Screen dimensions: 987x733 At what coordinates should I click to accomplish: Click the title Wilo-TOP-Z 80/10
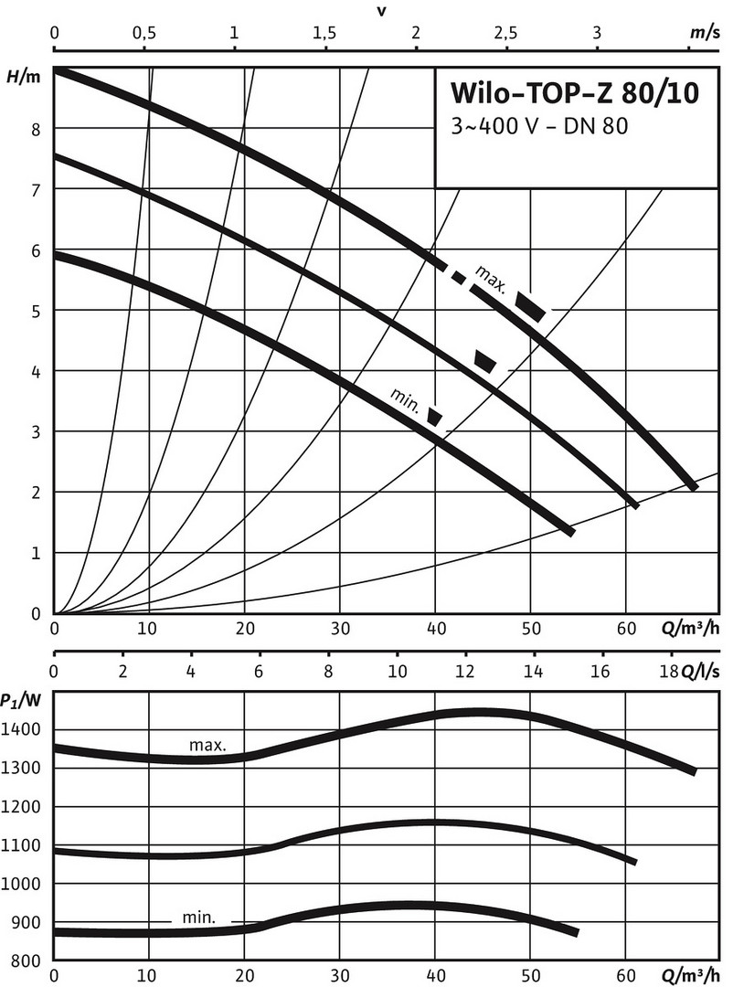[575, 96]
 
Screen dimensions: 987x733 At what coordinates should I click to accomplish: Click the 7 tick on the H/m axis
[37, 189]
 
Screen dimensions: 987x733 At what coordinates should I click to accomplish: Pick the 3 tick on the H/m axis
[37, 431]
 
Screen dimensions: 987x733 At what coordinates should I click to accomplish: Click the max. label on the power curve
[207, 745]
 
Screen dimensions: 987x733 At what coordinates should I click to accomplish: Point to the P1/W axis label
[21, 700]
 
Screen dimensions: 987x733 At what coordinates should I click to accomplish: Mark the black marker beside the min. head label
[435, 417]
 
